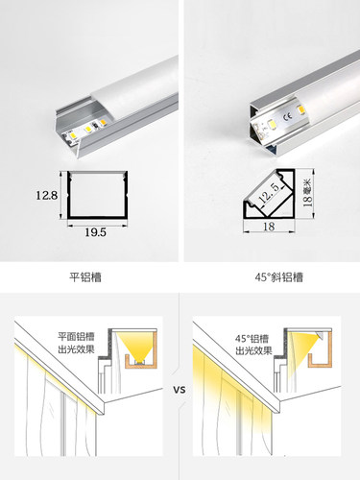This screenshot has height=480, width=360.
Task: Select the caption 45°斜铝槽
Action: pyautogui.click(x=270, y=278)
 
